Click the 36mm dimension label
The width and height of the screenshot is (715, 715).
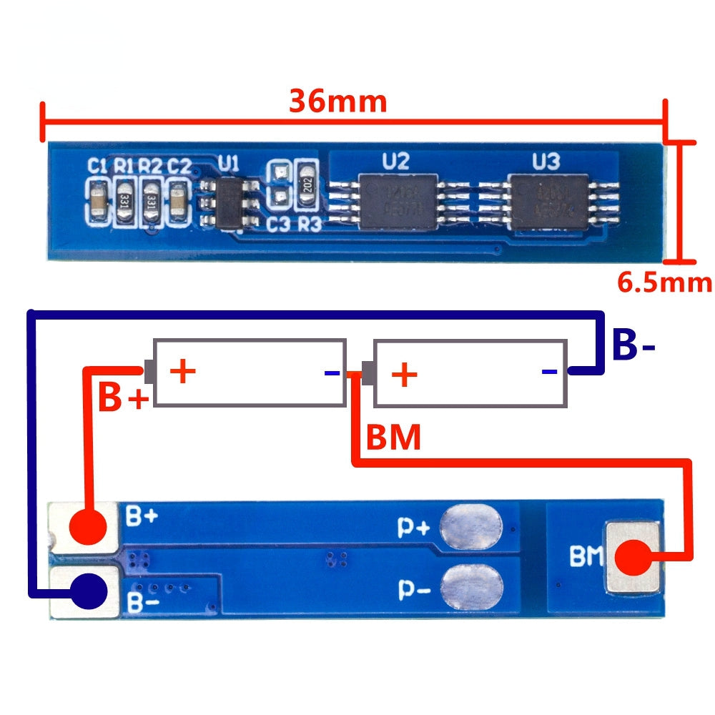coord(337,102)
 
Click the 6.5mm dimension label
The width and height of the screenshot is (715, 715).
coord(664,282)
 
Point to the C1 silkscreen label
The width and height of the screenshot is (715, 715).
coord(98,167)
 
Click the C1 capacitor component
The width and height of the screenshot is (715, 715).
coord(97,202)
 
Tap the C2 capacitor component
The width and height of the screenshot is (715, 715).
coord(178,202)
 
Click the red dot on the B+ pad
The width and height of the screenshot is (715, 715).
coord(88,528)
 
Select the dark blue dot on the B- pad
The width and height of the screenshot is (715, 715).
coord(88,591)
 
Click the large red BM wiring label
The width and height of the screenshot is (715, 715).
coord(393,438)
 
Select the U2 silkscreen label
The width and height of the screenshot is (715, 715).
coord(395,161)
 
